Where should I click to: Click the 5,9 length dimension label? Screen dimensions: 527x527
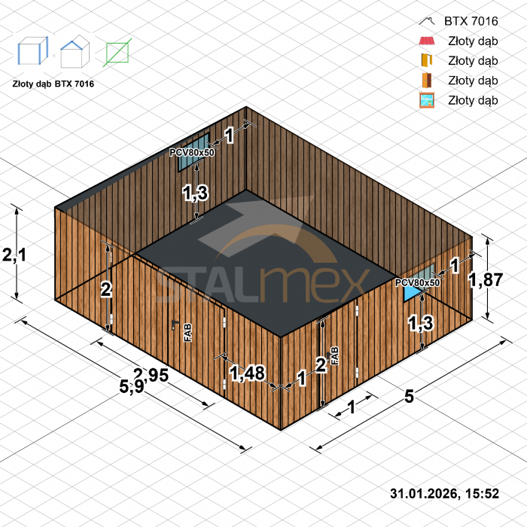132,386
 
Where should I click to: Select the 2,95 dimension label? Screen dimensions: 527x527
151,375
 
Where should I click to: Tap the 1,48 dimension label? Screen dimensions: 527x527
248,373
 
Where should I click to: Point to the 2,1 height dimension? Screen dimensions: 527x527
14,254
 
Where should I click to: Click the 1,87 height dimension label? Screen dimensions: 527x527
486,279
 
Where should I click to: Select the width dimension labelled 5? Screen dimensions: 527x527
409,397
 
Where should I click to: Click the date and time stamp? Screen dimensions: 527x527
444,493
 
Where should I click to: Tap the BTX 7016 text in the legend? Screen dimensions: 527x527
471,21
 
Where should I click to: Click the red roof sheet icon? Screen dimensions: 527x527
427,41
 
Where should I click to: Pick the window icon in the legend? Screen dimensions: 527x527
427,100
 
